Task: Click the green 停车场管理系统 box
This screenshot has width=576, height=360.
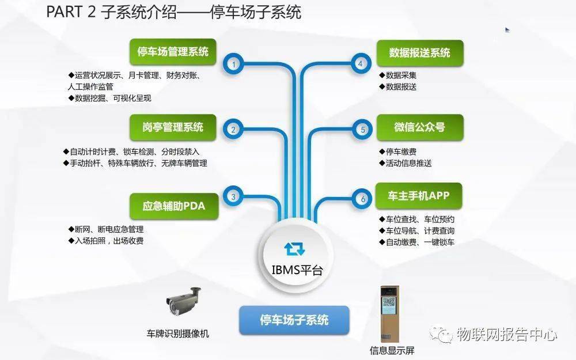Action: (173, 52)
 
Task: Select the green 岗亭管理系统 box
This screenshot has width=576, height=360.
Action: (173, 127)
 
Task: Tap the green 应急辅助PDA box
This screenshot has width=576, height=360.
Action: (174, 206)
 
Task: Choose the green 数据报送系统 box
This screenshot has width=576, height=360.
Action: (420, 53)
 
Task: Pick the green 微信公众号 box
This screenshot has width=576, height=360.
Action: (420, 127)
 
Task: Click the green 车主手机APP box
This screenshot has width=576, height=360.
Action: (419, 196)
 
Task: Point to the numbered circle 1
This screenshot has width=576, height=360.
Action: (233, 65)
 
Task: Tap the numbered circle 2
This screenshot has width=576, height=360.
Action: (233, 129)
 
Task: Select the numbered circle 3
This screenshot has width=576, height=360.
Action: (233, 196)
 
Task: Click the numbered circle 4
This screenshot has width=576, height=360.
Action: (361, 63)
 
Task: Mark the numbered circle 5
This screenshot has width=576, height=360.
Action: (362, 129)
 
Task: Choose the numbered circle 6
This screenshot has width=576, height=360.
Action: (362, 199)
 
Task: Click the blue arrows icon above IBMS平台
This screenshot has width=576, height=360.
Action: (294, 249)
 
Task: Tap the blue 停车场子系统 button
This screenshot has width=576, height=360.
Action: (294, 320)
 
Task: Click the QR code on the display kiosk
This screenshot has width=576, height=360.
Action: (389, 302)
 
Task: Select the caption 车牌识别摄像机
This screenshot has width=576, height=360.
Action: (178, 334)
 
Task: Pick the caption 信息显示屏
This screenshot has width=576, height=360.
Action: (392, 350)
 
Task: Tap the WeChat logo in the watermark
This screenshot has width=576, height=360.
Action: (441, 334)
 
